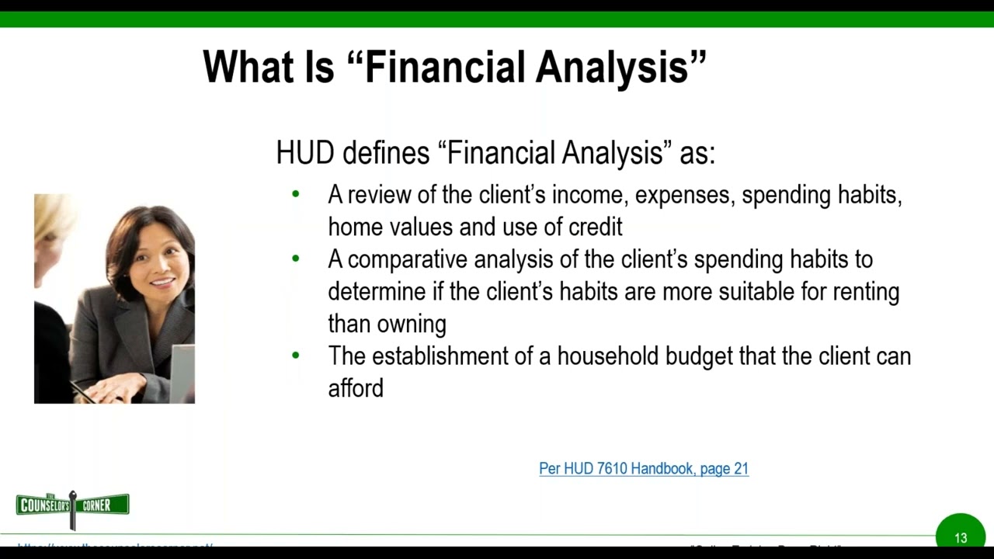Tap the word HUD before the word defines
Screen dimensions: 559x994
[x=304, y=153]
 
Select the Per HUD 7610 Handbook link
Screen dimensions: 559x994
[x=644, y=469]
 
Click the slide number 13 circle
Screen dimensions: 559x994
[x=961, y=536]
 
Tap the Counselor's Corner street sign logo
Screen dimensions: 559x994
[x=73, y=506]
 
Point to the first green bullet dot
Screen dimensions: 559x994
[x=295, y=194]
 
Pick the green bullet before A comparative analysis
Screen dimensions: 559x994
[x=295, y=259]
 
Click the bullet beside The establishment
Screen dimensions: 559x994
[x=295, y=356]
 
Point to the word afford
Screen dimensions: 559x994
[x=356, y=388]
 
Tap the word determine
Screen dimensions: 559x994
[x=377, y=292]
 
